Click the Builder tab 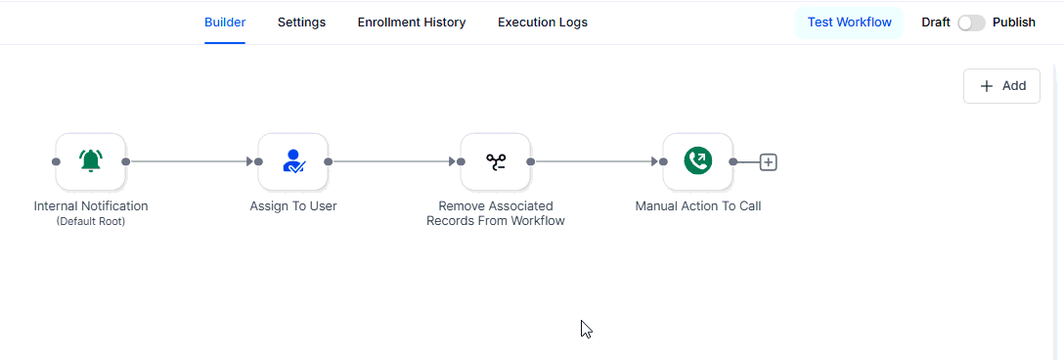225,22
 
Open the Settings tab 301,22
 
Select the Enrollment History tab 412,22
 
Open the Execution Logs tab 543,22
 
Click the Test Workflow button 849,22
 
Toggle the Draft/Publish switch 971,22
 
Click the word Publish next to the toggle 1014,22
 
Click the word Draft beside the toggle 936,22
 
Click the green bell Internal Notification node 91,161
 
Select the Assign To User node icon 293,161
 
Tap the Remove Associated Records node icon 496,161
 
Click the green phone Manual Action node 698,161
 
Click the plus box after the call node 769,162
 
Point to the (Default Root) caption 91,221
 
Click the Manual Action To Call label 698,206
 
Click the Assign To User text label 293,206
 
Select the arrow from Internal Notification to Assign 192,161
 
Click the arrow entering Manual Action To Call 597,161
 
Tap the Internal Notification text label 91,206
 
